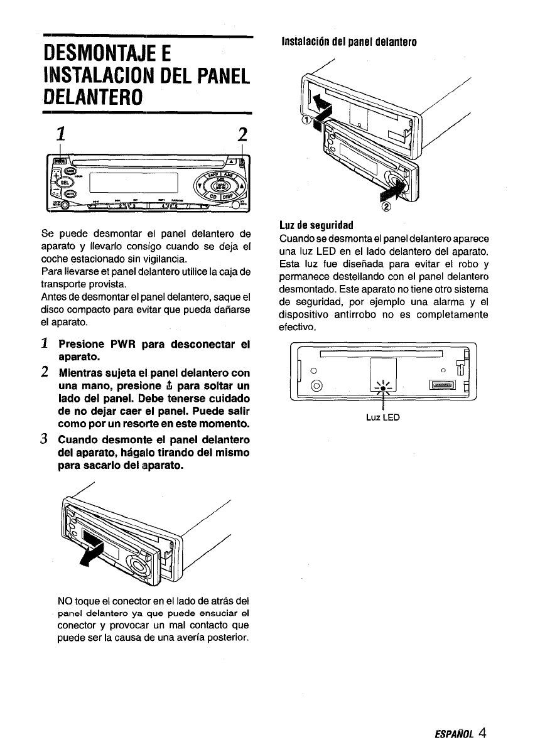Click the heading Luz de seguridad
(318, 224)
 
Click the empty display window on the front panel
(134, 183)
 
